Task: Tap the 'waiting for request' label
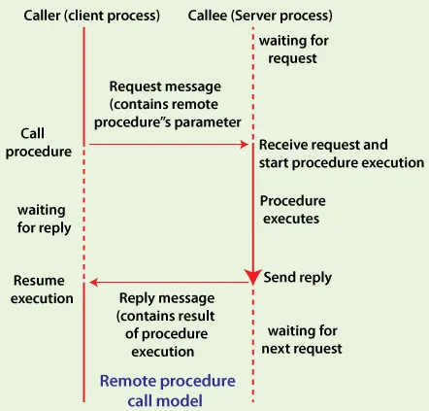pyautogui.click(x=293, y=50)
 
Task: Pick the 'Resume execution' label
pyautogui.click(x=41, y=290)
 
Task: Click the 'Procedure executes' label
pyautogui.click(x=292, y=210)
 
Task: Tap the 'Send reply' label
pyautogui.click(x=298, y=278)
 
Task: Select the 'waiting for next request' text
pyautogui.click(x=304, y=339)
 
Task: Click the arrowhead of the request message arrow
pyautogui.click(x=247, y=145)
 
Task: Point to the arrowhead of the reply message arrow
pyautogui.click(x=91, y=283)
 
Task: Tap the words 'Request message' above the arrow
pyautogui.click(x=164, y=86)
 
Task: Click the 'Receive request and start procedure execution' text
pyautogui.click(x=340, y=154)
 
